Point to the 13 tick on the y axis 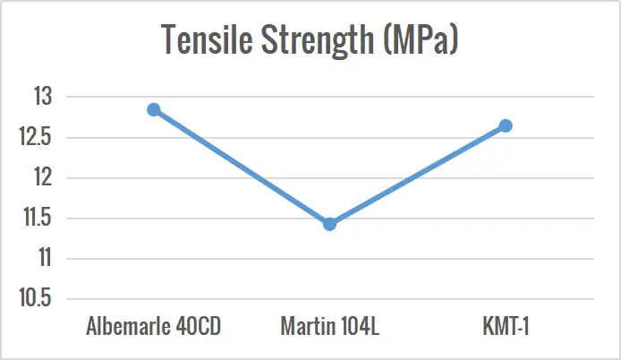[x=42, y=97]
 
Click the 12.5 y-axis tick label [x=36, y=137]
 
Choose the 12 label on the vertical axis [x=42, y=177]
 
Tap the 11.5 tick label [x=36, y=218]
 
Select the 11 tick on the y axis [x=42, y=258]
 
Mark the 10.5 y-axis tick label [x=36, y=298]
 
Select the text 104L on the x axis [x=360, y=326]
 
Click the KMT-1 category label [x=505, y=326]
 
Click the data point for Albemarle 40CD [x=154, y=109]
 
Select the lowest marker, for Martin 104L [x=329, y=224]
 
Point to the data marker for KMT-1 [x=506, y=125]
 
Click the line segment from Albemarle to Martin [x=242, y=167]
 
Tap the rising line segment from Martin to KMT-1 [x=417, y=175]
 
